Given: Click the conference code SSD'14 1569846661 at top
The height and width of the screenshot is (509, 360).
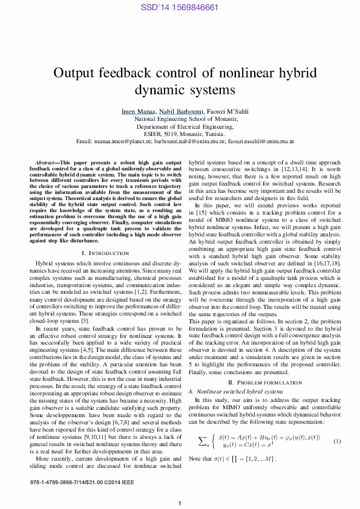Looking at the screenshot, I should pos(179,7).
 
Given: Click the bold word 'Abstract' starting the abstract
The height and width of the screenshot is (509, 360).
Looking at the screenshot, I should pos(46,163).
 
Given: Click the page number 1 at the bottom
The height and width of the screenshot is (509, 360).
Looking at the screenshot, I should pos(180,504).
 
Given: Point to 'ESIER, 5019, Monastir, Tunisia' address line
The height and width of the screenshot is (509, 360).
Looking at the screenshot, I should pos(180,134).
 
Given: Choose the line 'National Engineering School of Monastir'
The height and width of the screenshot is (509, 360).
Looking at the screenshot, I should pos(180,119).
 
